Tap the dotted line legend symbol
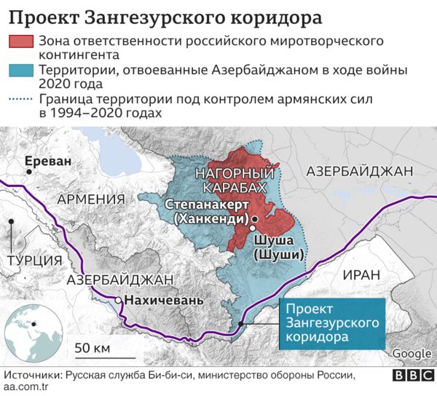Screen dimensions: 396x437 (22, 100)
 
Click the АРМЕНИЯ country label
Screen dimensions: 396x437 (92, 200)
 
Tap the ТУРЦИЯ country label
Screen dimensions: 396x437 (32, 260)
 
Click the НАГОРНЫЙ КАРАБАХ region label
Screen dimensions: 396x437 (237, 181)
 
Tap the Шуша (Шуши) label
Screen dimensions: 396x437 (275, 247)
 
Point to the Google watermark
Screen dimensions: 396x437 (412, 354)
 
